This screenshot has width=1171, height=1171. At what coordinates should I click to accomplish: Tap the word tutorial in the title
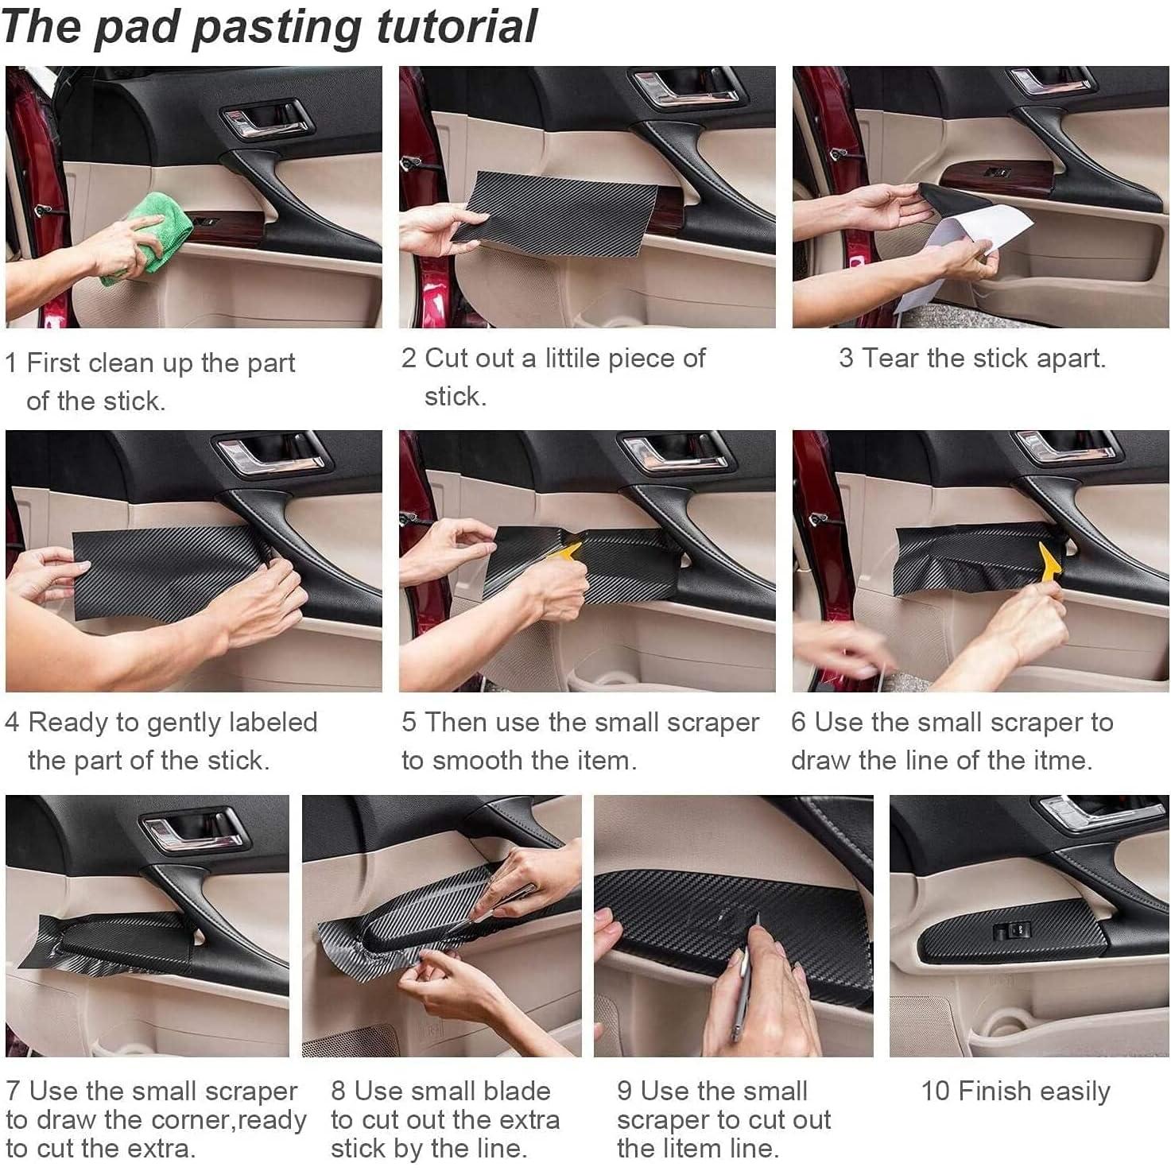(x=457, y=27)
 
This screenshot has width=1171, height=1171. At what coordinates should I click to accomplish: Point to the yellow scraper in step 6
(x=1049, y=562)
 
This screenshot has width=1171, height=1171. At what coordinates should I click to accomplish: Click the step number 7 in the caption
(x=13, y=1092)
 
